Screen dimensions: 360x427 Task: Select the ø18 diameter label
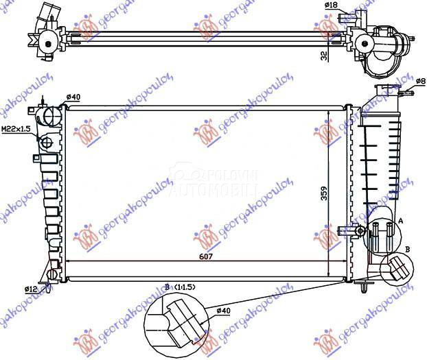coord(330,5)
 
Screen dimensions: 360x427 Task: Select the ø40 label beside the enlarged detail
coord(222,313)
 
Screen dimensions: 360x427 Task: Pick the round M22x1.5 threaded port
coord(47,143)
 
